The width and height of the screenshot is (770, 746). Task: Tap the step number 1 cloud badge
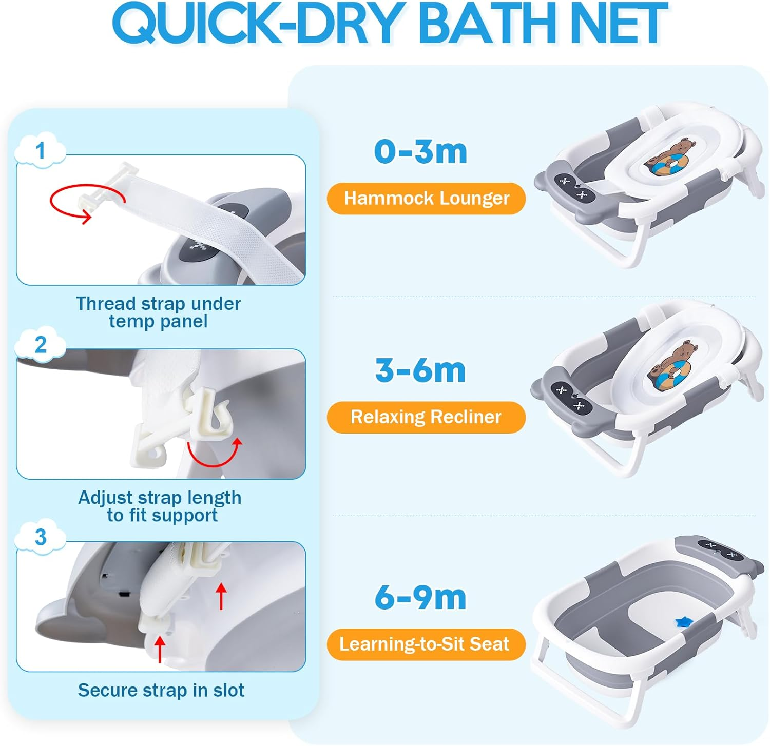[x=41, y=150]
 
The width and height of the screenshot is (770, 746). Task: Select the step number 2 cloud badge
[x=41, y=344]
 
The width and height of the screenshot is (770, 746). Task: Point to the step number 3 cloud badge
[x=41, y=537]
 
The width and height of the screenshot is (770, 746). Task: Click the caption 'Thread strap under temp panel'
[x=159, y=312]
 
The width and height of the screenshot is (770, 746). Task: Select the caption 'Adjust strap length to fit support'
[x=160, y=506]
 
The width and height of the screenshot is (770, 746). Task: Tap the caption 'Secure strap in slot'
[x=161, y=690]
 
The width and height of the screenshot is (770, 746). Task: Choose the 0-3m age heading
[x=420, y=152]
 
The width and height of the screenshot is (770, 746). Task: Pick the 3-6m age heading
[x=420, y=370]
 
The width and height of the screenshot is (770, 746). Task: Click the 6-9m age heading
[x=420, y=597]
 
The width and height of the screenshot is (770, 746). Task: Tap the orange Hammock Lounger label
[x=426, y=198]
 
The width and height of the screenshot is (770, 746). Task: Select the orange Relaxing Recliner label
[x=426, y=417]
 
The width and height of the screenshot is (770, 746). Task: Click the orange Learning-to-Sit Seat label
[x=425, y=644]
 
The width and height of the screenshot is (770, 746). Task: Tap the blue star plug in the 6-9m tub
[x=683, y=622]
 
